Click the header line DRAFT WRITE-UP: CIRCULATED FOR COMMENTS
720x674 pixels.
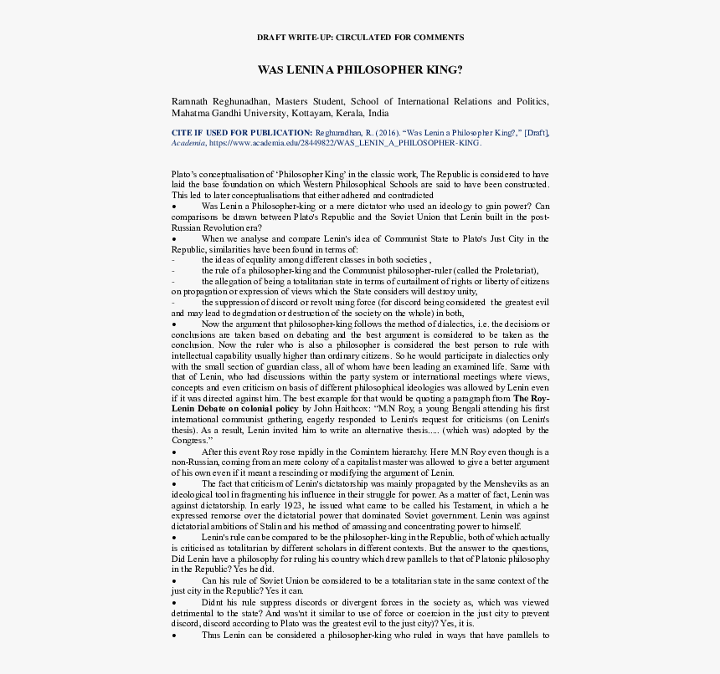[x=360, y=38]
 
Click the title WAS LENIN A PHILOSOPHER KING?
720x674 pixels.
[x=360, y=70]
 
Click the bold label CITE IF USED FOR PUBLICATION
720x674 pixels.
[x=241, y=132]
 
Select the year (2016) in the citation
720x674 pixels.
[x=388, y=132]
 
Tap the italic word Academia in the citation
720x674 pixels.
[x=188, y=143]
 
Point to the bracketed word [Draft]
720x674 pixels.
[x=536, y=132]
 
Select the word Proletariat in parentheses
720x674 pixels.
[x=511, y=271]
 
